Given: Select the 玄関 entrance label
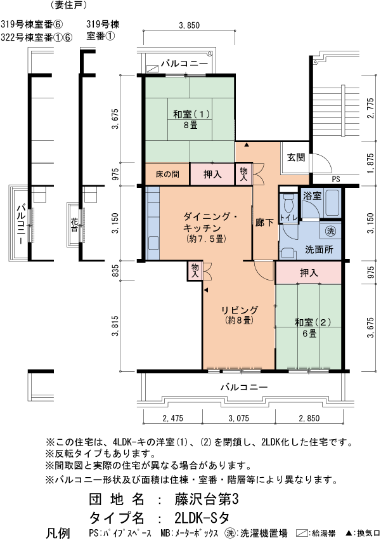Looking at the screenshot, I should (295, 157).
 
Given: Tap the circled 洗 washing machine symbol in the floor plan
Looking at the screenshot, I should (330, 230).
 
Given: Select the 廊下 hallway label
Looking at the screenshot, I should (264, 223).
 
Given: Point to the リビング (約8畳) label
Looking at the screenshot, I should (239, 315).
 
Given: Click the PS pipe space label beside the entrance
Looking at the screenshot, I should (336, 180).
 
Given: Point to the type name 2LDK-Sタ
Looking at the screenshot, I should (201, 516).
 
